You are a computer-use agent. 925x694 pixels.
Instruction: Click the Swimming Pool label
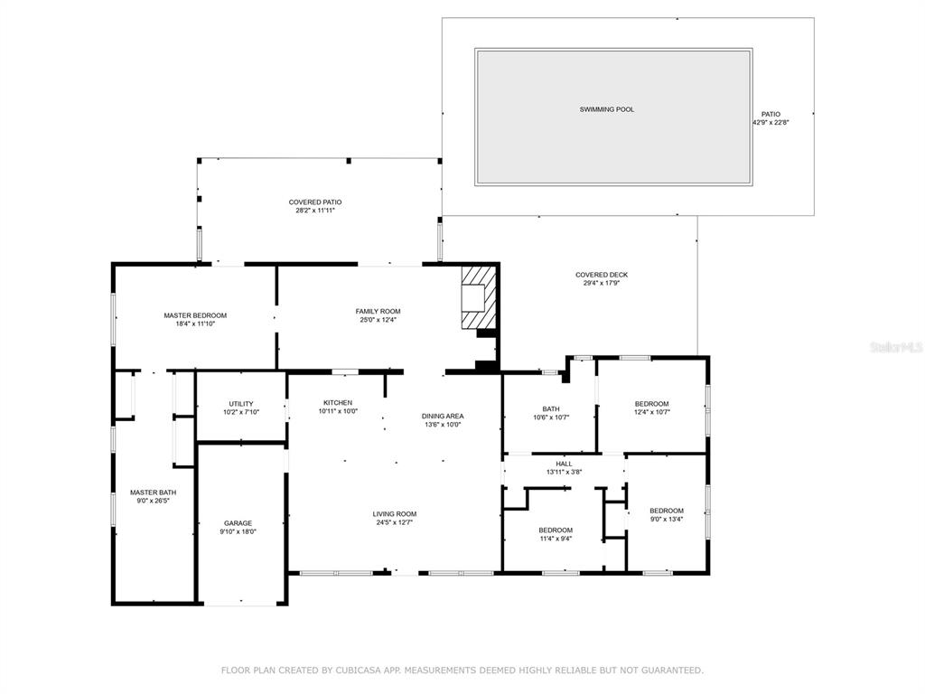tap(606, 109)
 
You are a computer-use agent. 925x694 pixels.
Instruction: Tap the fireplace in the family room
tap(478, 297)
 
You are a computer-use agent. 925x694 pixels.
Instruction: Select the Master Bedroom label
tap(195, 315)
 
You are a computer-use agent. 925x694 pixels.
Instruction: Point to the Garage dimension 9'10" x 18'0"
tap(238, 531)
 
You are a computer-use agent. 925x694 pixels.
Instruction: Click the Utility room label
tap(240, 404)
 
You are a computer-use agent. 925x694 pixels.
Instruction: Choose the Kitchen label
tap(338, 402)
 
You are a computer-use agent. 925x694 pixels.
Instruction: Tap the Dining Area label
tap(443, 416)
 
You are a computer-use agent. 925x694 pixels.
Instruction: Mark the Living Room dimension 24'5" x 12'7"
tap(395, 522)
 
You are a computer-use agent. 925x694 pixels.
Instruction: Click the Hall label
tap(564, 464)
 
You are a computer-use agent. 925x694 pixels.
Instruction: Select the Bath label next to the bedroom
tap(551, 408)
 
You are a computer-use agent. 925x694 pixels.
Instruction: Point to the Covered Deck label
tap(602, 275)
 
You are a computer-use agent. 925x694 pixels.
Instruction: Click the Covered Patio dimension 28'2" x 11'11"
tap(315, 210)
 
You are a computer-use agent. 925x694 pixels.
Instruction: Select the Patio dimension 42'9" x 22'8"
tap(771, 123)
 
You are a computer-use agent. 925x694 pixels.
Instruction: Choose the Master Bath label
tap(154, 492)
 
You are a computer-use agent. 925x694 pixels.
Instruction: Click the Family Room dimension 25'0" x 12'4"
tap(378, 320)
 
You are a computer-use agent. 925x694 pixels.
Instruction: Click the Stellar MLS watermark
tap(897, 348)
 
